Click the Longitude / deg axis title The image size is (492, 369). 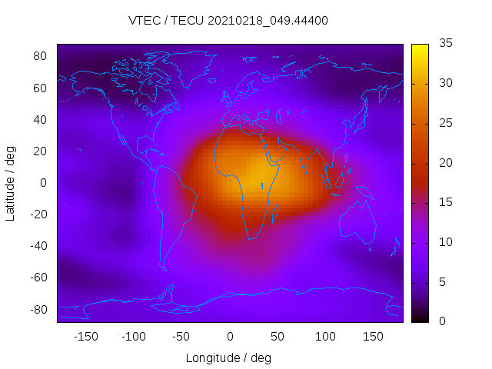(228, 357)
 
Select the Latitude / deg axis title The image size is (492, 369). (11, 183)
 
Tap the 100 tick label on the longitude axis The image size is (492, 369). (325, 336)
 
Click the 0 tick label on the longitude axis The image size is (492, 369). (229, 336)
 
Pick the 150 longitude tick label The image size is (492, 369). (373, 336)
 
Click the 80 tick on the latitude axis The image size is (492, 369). (41, 56)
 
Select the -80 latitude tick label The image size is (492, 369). (38, 309)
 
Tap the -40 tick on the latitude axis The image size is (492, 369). (38, 246)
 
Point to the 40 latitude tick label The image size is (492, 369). (41, 119)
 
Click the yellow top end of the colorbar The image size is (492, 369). (420, 48)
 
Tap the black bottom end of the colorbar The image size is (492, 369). (420, 318)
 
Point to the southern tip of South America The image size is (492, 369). (164, 268)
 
